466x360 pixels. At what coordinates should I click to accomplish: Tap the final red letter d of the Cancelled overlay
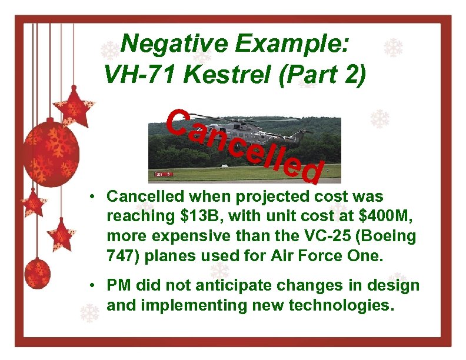point(311,171)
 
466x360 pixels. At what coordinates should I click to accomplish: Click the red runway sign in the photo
point(163,174)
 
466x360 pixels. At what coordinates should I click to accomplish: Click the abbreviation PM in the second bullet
point(118,286)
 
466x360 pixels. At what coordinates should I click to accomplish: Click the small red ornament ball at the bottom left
point(37,273)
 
